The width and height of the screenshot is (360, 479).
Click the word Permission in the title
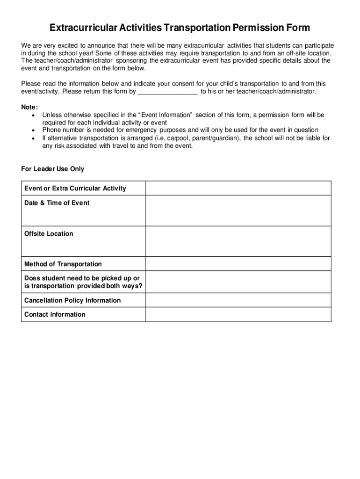[x=255, y=28]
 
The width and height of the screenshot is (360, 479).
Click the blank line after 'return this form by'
[x=167, y=91]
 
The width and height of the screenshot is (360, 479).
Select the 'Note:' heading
[x=29, y=107]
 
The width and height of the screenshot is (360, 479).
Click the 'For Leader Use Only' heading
[x=53, y=169]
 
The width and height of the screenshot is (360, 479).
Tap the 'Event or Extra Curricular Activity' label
[x=75, y=189]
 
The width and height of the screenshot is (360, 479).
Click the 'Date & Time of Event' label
[x=57, y=203]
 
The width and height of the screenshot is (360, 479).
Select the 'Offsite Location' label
[x=49, y=234]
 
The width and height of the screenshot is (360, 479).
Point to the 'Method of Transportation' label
[x=63, y=264]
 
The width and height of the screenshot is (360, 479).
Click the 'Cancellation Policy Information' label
[x=72, y=300]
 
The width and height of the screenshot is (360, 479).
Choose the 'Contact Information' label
[x=55, y=315]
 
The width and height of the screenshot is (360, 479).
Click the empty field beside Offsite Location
[x=238, y=241]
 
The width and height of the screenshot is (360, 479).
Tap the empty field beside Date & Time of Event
[x=238, y=210]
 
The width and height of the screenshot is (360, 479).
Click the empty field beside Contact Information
[x=238, y=314]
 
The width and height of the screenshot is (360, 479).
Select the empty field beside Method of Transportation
[x=238, y=264]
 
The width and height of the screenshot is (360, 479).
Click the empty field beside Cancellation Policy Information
[x=238, y=300]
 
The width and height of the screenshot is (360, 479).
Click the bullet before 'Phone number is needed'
[x=32, y=130]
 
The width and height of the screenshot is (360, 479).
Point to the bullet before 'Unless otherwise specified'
[x=32, y=115]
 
